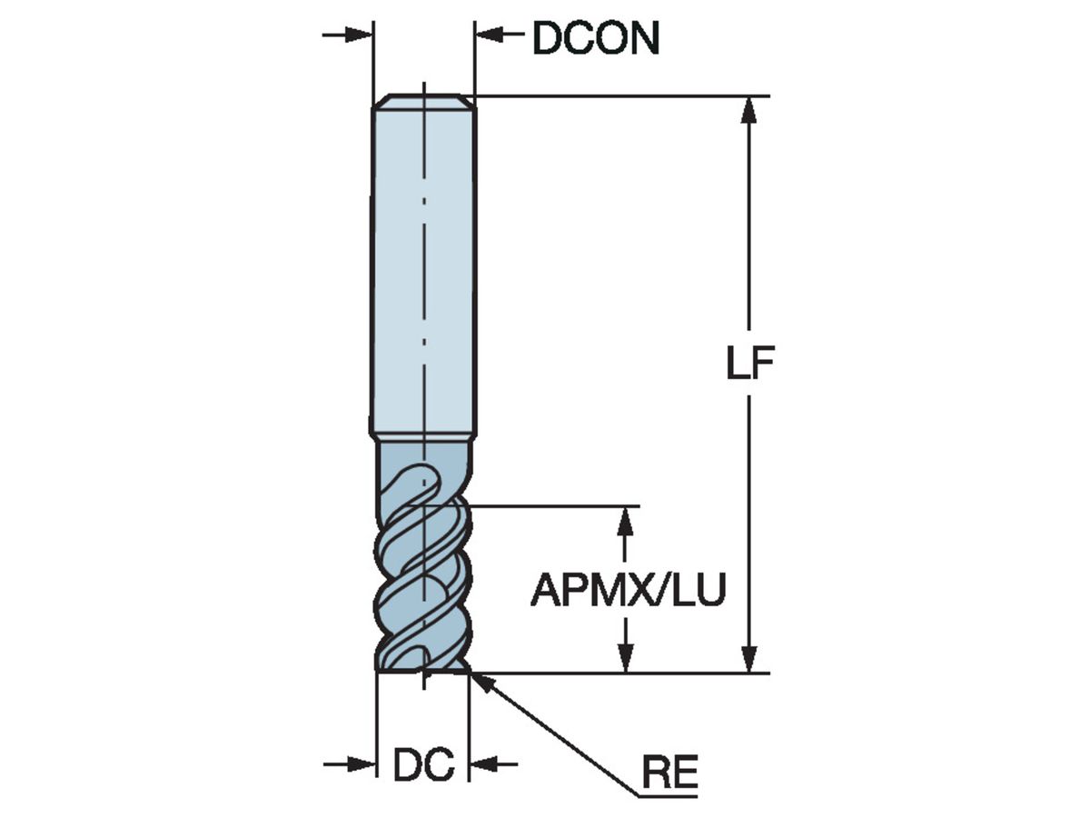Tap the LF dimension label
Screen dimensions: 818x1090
click(749, 364)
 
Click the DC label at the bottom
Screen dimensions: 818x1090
click(423, 766)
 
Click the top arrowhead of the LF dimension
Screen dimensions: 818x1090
click(748, 109)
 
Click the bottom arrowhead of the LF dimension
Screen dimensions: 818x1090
click(748, 659)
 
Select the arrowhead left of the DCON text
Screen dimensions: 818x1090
click(489, 35)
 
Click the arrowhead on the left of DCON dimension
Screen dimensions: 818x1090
click(360, 35)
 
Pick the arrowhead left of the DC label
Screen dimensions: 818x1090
click(363, 764)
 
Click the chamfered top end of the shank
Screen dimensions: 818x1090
click(424, 100)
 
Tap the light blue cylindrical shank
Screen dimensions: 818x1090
click(423, 273)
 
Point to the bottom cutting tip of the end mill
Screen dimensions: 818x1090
click(423, 671)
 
